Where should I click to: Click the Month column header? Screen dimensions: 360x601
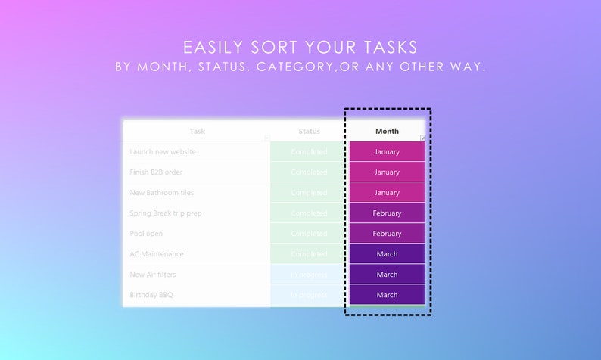pyautogui.click(x=387, y=132)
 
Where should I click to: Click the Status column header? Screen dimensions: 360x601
pyautogui.click(x=309, y=132)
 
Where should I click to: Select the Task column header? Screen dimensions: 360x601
pyautogui.click(x=197, y=132)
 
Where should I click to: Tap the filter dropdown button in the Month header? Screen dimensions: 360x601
pyautogui.click(x=422, y=138)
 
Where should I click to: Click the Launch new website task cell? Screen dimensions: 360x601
pyautogui.click(x=163, y=152)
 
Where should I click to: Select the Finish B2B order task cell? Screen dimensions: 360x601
pyautogui.click(x=156, y=172)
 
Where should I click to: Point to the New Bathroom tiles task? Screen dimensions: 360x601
pyautogui.click(x=162, y=193)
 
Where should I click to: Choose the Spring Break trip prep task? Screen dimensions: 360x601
pyautogui.click(x=166, y=213)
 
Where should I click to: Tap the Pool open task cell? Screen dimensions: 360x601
pyautogui.click(x=146, y=234)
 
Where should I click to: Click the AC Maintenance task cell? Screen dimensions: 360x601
pyautogui.click(x=157, y=254)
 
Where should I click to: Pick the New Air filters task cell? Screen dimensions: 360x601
pyautogui.click(x=154, y=275)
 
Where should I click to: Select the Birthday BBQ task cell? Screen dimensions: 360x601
pyautogui.click(x=151, y=295)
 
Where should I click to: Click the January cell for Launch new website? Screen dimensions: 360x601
pyautogui.click(x=387, y=152)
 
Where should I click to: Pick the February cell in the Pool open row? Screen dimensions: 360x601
pyautogui.click(x=387, y=234)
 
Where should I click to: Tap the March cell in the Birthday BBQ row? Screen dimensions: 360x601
pyautogui.click(x=387, y=295)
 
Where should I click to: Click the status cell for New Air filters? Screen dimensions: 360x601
pyautogui.click(x=309, y=275)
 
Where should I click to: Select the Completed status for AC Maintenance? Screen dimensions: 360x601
pyautogui.click(x=309, y=254)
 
